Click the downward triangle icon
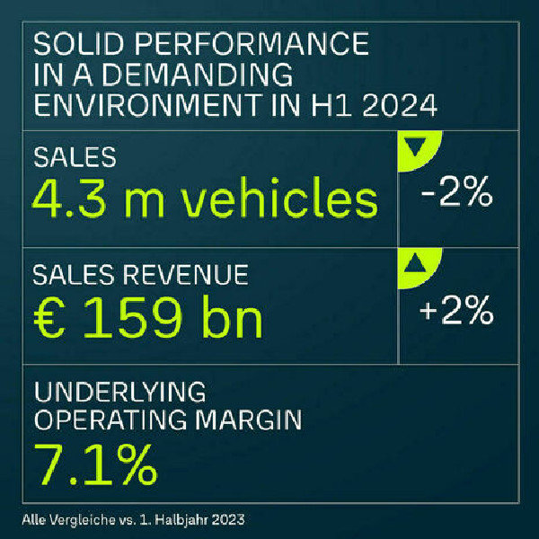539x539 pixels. (x=413, y=146)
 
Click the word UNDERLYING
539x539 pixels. (x=119, y=392)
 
